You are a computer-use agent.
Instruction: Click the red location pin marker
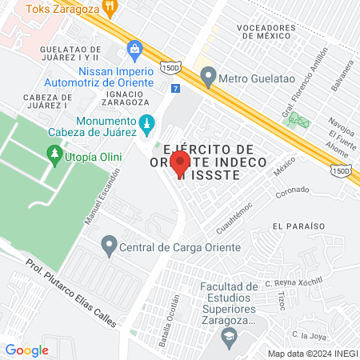(180, 162)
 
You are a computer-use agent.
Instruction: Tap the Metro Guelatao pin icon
(209, 78)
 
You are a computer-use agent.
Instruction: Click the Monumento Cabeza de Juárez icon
(146, 123)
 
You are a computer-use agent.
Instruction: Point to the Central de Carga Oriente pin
(109, 242)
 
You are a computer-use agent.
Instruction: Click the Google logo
(26, 350)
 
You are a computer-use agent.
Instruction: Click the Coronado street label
(292, 190)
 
